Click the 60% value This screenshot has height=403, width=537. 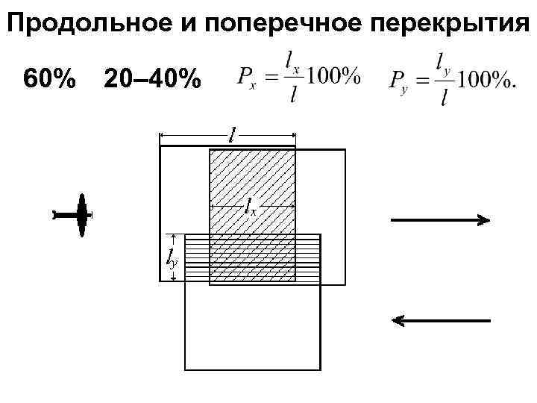pyautogui.click(x=49, y=78)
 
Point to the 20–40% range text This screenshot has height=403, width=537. pyautogui.click(x=153, y=78)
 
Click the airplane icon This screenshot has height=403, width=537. pyautogui.click(x=78, y=215)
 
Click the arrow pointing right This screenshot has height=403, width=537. pyautogui.click(x=440, y=219)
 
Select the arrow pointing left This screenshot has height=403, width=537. pyautogui.click(x=441, y=321)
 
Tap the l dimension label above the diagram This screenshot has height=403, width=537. pyautogui.click(x=233, y=136)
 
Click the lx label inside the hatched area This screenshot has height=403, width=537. pyautogui.click(x=251, y=207)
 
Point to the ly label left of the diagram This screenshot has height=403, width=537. pyautogui.click(x=169, y=257)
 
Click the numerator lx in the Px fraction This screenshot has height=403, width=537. pyautogui.click(x=292, y=60)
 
